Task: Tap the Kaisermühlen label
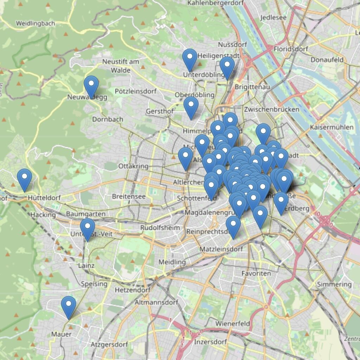point(332,127)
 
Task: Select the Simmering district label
point(334,284)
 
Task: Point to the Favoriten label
point(256,273)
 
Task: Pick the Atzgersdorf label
point(109,344)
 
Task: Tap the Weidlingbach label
point(36,24)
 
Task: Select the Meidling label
point(172,262)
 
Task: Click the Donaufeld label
point(327,60)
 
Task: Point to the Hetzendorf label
point(133,290)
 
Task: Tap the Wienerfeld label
point(233,323)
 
